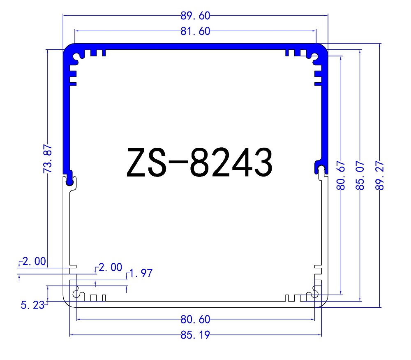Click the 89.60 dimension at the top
[195, 16]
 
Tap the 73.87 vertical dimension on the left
[48, 158]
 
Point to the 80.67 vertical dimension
[341, 175]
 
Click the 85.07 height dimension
[360, 175]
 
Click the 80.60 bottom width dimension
[195, 319]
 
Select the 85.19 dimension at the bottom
[195, 335]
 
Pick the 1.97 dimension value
[141, 273]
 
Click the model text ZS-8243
[199, 163]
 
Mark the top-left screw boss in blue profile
[76, 58]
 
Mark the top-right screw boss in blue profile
[315, 58]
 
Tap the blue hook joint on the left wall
[70, 178]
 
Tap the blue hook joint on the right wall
[321, 169]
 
